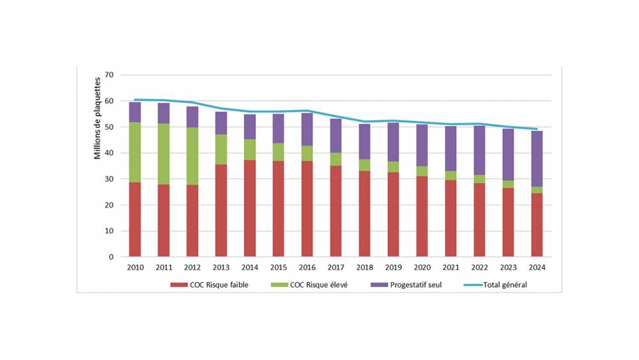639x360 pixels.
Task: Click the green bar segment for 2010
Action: (135, 152)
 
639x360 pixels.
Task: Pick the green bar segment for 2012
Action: (192, 156)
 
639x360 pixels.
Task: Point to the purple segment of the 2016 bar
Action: (307, 129)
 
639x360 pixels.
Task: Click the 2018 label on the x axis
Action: (364, 267)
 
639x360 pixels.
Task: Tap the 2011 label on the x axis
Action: (164, 267)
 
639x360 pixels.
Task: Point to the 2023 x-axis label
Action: (508, 267)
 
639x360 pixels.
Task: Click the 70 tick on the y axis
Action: (109, 75)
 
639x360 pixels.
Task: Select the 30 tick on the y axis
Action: (109, 179)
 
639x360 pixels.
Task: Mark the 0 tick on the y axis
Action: (111, 257)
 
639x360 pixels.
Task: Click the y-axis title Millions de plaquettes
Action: (98, 118)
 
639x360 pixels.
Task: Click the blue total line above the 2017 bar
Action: (335, 116)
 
